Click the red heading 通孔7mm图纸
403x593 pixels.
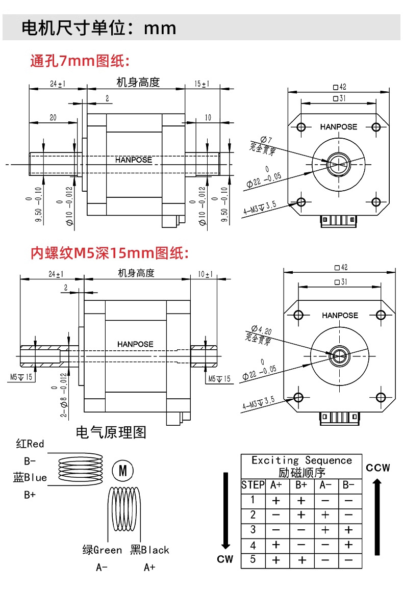(80, 61)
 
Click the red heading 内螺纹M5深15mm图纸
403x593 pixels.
(110, 252)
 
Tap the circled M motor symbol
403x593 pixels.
(122, 470)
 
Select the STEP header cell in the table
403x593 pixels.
(253, 485)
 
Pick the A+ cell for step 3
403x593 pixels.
(276, 530)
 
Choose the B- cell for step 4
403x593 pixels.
(349, 545)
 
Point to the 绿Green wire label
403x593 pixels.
(102, 550)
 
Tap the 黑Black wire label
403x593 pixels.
(149, 550)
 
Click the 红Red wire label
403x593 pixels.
(30, 444)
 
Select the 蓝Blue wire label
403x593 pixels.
(30, 477)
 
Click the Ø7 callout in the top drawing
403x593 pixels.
(266, 139)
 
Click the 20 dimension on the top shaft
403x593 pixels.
(53, 117)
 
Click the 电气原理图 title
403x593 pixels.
(111, 432)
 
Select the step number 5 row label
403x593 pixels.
(253, 559)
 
